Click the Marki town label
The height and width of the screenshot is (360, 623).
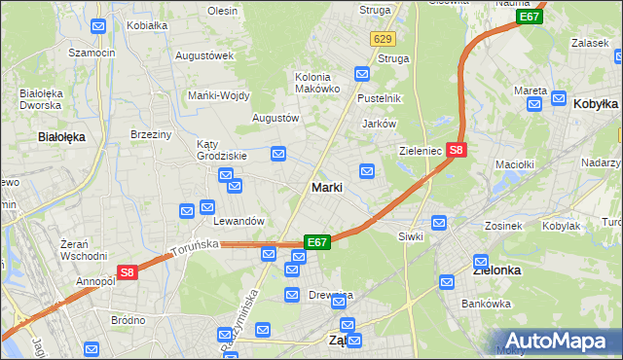click(x=325, y=187)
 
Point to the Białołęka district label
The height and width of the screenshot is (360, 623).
click(x=61, y=137)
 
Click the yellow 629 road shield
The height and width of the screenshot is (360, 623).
click(x=382, y=39)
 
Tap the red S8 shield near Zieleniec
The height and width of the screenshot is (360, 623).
click(x=458, y=150)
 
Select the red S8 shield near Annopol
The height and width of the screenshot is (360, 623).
click(x=127, y=274)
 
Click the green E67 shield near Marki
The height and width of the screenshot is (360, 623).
click(x=317, y=241)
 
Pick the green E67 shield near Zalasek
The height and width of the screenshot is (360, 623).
click(x=530, y=17)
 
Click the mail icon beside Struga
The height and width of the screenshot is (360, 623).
click(x=362, y=73)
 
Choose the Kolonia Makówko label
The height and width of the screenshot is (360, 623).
click(x=317, y=83)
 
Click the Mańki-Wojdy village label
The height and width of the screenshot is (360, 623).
click(x=219, y=95)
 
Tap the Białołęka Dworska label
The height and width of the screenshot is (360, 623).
click(x=42, y=100)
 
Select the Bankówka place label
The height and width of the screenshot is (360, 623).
click(x=488, y=304)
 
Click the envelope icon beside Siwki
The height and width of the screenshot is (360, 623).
click(x=439, y=223)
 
